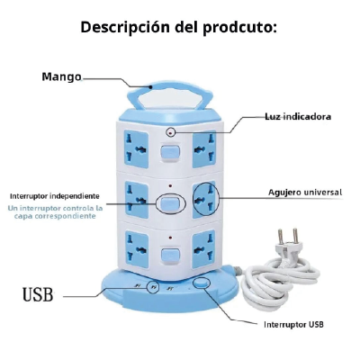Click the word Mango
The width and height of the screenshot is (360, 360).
tap(61, 76)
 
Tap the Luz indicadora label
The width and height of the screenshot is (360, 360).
tap(298, 116)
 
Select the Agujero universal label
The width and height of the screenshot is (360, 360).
tap(305, 193)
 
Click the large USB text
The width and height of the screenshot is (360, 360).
tap(38, 294)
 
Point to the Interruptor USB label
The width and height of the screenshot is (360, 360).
tap(293, 324)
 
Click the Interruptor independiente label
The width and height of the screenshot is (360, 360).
tap(55, 196)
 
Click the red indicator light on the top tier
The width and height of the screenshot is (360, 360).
tap(171, 132)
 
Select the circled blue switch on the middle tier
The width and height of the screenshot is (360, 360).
tap(169, 203)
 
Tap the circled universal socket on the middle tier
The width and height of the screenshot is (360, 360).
tap(204, 200)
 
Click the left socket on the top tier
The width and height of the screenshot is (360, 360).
tap(137, 148)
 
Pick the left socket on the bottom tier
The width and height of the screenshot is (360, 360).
tap(137, 248)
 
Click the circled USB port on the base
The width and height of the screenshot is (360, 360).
tap(153, 287)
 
